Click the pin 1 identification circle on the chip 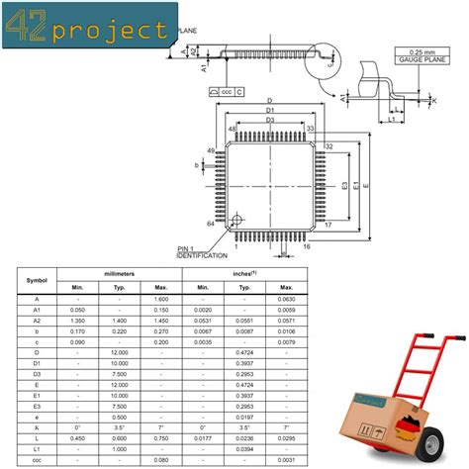tap(238, 219)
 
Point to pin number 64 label tap(210, 225)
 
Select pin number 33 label tap(310, 129)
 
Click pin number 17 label tap(328, 225)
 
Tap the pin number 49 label tap(210, 150)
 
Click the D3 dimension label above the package tap(270, 121)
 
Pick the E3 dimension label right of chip tap(344, 185)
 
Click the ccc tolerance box tap(227, 91)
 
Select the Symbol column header tap(36, 278)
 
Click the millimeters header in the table tap(119, 272)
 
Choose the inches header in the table tap(244, 272)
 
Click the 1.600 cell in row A tap(160, 298)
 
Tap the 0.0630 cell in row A tap(285, 298)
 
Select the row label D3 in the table tap(36, 375)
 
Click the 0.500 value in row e tap(119, 418)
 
